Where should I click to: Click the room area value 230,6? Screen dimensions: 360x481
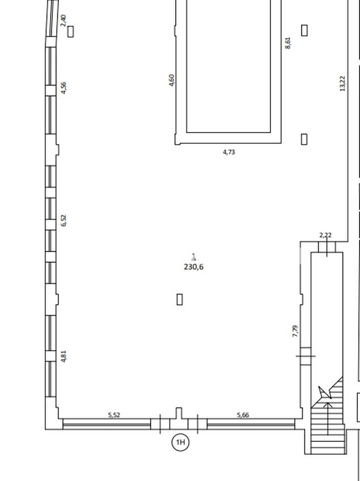tap(194, 267)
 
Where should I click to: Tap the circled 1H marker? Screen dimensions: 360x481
tap(180, 442)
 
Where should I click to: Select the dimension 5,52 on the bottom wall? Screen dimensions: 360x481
tap(114, 415)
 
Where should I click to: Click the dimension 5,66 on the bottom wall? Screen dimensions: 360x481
tap(243, 415)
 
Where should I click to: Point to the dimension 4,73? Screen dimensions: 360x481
tap(229, 152)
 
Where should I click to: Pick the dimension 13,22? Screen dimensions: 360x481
tap(342, 83)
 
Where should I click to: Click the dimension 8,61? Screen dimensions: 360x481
tap(287, 43)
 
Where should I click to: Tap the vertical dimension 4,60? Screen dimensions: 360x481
tap(172, 80)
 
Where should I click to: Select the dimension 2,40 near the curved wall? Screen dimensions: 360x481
tap(63, 20)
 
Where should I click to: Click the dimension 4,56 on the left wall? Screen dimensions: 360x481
tap(63, 88)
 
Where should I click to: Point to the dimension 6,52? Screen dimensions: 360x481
tap(63, 220)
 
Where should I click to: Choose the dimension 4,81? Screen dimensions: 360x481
tap(63, 356)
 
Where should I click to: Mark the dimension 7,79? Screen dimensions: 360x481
tap(295, 331)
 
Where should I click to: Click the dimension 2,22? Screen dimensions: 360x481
tap(325, 235)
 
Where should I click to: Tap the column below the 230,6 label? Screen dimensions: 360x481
tap(180, 299)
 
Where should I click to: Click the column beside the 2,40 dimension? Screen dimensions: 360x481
tap(71, 31)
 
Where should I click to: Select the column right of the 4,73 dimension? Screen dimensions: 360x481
tap(304, 139)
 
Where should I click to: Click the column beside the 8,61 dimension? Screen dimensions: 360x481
tap(304, 30)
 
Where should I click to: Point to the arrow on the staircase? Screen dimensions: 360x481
tap(328, 419)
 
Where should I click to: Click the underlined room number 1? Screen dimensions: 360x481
tap(194, 256)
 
